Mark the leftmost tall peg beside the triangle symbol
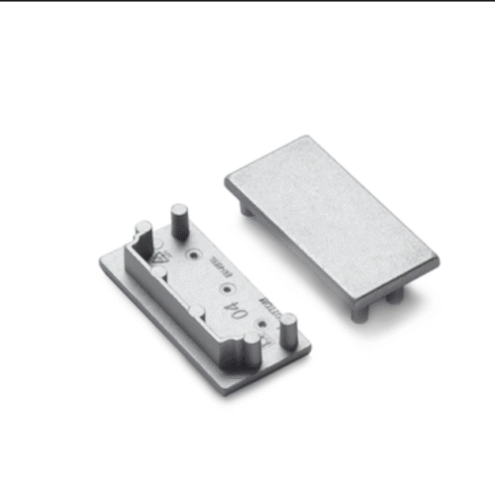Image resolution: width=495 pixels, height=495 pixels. (143, 240)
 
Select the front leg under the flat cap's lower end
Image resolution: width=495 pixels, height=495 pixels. (361, 309)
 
